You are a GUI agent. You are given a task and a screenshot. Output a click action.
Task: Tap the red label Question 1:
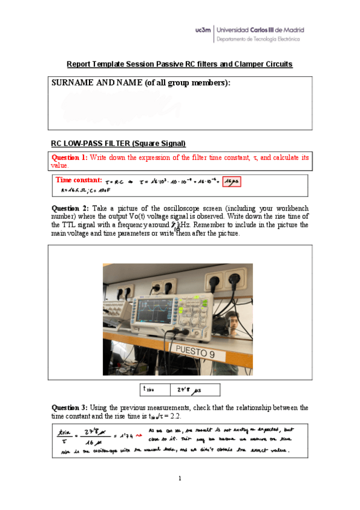[x=70, y=158]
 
